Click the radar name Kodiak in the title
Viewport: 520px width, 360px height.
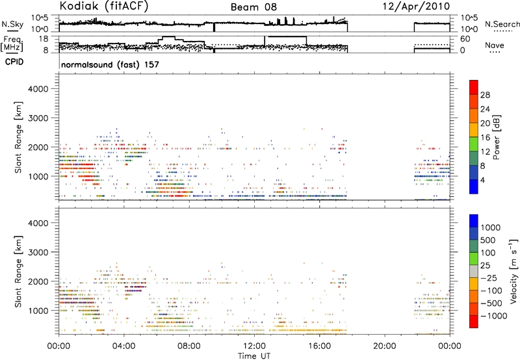pos(79,6)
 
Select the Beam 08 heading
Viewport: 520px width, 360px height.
pos(253,7)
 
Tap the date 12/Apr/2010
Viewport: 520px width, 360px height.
pos(416,6)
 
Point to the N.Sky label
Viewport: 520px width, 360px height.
pos(12,24)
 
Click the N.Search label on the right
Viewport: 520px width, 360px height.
pos(502,24)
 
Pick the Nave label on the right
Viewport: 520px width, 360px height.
pos(495,45)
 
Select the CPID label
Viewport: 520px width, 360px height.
pos(14,62)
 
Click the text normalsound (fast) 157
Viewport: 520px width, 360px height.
pos(110,64)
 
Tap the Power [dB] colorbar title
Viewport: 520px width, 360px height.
pos(497,137)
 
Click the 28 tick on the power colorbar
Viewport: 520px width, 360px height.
pos(485,95)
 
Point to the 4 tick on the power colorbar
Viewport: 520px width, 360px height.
pos(482,181)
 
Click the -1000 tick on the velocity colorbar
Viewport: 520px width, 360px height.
pos(493,316)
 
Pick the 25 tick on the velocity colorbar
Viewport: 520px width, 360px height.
pos(486,266)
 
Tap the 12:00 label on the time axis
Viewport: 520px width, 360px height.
pos(254,346)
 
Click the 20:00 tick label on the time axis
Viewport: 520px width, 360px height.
pos(385,346)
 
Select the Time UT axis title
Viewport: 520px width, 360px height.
pos(254,356)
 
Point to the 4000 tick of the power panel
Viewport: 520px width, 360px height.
pos(38,89)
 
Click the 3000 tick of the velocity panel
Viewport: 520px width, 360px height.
pos(38,252)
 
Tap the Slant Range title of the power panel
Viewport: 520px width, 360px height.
pos(18,137)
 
